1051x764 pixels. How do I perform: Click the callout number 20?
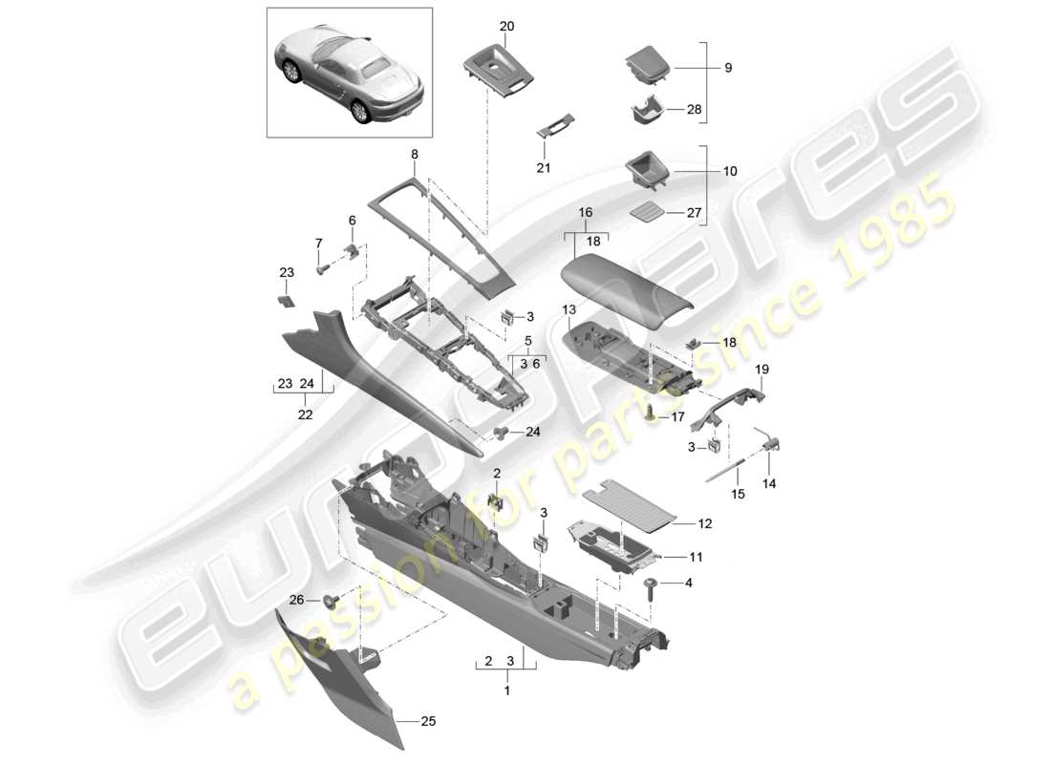(x=506, y=26)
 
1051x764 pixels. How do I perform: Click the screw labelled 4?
(x=651, y=585)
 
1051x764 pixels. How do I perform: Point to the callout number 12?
(x=706, y=524)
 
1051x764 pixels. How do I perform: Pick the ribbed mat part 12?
(x=632, y=504)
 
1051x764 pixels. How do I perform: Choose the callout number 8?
(x=414, y=153)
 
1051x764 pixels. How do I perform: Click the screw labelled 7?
(x=324, y=268)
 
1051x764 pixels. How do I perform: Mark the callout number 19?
(x=762, y=368)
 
